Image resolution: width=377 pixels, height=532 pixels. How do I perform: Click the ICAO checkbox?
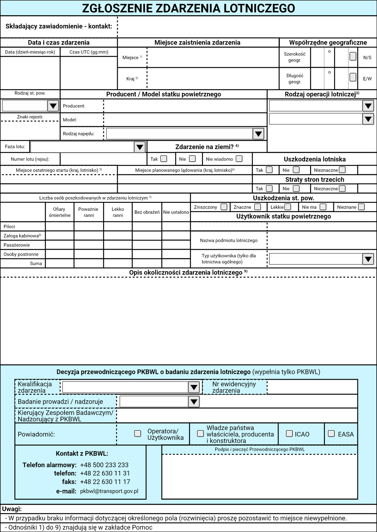pyautogui.click(x=289, y=434)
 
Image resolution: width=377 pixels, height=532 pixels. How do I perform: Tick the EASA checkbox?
pyautogui.click(x=331, y=434)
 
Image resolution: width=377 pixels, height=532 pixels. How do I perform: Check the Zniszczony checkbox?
pyautogui.click(x=224, y=207)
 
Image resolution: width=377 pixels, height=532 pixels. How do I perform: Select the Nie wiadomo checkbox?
pyautogui.click(x=239, y=159)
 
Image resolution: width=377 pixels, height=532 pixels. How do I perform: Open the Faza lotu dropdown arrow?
pyautogui.click(x=139, y=147)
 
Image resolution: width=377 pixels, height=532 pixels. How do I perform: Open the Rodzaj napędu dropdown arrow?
pyautogui.click(x=258, y=134)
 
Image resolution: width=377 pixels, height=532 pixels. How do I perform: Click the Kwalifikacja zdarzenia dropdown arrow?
pyautogui.click(x=194, y=387)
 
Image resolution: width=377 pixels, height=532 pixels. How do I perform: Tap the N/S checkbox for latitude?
pyautogui.click(x=353, y=56)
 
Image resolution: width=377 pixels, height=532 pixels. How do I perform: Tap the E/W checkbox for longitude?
pyautogui.click(x=353, y=77)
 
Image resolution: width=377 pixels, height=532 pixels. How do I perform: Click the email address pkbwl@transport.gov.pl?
pyautogui.click(x=109, y=491)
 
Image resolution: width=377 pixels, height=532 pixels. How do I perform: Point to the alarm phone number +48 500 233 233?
pyautogui.click(x=104, y=465)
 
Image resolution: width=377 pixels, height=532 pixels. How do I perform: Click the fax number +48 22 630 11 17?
pyautogui.click(x=105, y=482)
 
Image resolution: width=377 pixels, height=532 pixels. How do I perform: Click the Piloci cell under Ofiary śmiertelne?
pyautogui.click(x=60, y=226)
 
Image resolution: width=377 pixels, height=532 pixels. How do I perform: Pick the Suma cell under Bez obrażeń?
pyautogui.click(x=147, y=263)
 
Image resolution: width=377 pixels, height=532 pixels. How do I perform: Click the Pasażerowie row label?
pyautogui.click(x=17, y=245)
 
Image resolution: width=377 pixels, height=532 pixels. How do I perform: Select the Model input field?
pyautogui.click(x=185, y=120)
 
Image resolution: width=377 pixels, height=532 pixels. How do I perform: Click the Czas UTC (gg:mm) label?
pyautogui.click(x=89, y=52)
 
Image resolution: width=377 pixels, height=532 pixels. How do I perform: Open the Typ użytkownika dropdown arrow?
pyautogui.click(x=368, y=259)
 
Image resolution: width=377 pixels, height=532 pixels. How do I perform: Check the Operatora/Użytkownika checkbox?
pyautogui.click(x=137, y=434)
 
